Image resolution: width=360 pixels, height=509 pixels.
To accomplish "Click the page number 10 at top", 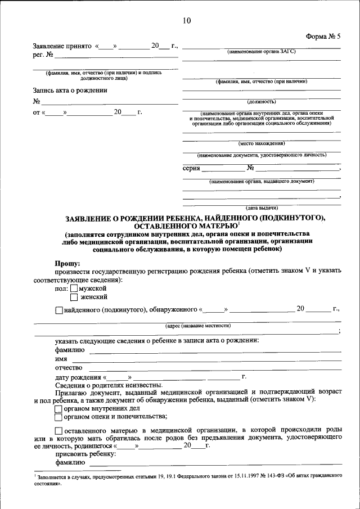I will (187, 21).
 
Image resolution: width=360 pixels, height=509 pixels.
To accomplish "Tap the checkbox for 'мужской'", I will (74, 289).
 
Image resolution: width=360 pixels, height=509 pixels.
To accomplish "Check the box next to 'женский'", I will (74, 298).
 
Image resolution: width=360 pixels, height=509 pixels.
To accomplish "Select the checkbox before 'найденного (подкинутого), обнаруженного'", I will (60, 310).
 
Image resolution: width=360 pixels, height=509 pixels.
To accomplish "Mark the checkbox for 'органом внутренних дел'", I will (58, 409).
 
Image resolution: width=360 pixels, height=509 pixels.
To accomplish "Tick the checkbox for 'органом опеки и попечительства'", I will (58, 417).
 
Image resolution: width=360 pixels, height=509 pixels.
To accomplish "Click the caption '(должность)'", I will (261, 102).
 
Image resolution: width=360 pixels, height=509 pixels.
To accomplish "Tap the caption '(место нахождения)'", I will (261, 143).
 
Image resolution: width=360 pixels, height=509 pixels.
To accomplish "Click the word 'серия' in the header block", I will (192, 168).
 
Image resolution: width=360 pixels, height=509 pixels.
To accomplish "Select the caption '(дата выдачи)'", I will (261, 208).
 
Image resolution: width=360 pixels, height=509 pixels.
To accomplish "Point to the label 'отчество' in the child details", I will (69, 367).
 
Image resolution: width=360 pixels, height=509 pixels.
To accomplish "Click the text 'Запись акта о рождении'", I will (70, 90).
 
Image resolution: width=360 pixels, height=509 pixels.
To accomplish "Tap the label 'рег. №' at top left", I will (43, 55).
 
